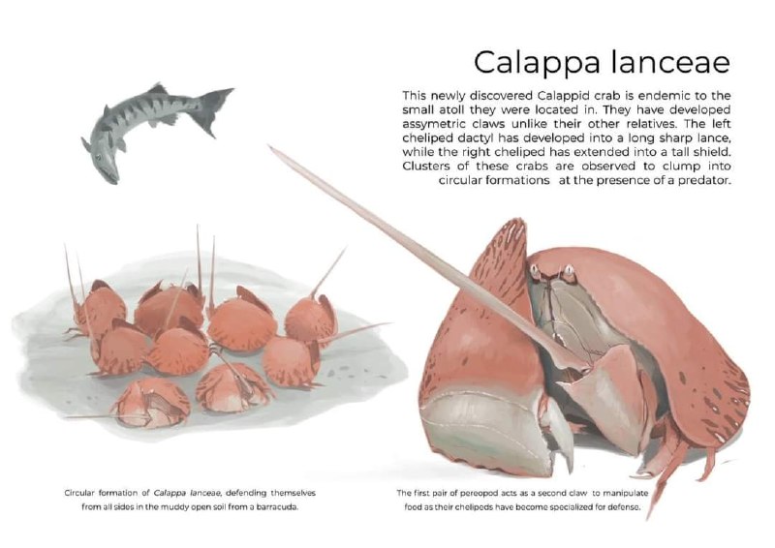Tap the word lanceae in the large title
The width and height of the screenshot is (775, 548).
670,61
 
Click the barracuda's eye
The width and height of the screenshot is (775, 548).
100,158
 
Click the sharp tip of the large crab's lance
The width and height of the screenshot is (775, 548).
269,146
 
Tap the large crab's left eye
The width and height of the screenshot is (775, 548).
535,269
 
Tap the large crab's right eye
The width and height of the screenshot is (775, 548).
569,270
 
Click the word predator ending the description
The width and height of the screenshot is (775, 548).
704,180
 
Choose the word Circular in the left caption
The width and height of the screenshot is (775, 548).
79,493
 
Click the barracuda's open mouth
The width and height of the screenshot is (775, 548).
110,177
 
